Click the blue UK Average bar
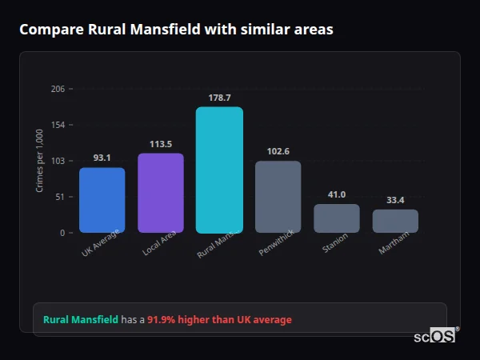click(102, 200)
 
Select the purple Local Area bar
click(161, 193)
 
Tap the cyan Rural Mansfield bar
click(219, 170)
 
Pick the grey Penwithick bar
click(278, 197)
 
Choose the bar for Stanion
click(337, 218)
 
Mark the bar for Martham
click(395, 221)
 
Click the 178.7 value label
click(219, 98)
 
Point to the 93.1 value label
click(102, 158)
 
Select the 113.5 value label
click(161, 144)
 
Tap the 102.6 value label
click(278, 151)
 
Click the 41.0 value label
click(337, 194)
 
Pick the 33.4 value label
click(395, 200)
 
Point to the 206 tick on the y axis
click(58, 89)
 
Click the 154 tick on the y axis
click(58, 125)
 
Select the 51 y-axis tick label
click(60, 197)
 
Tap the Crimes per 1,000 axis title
click(40, 161)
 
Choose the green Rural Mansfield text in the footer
click(80, 320)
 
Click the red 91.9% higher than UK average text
click(219, 320)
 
